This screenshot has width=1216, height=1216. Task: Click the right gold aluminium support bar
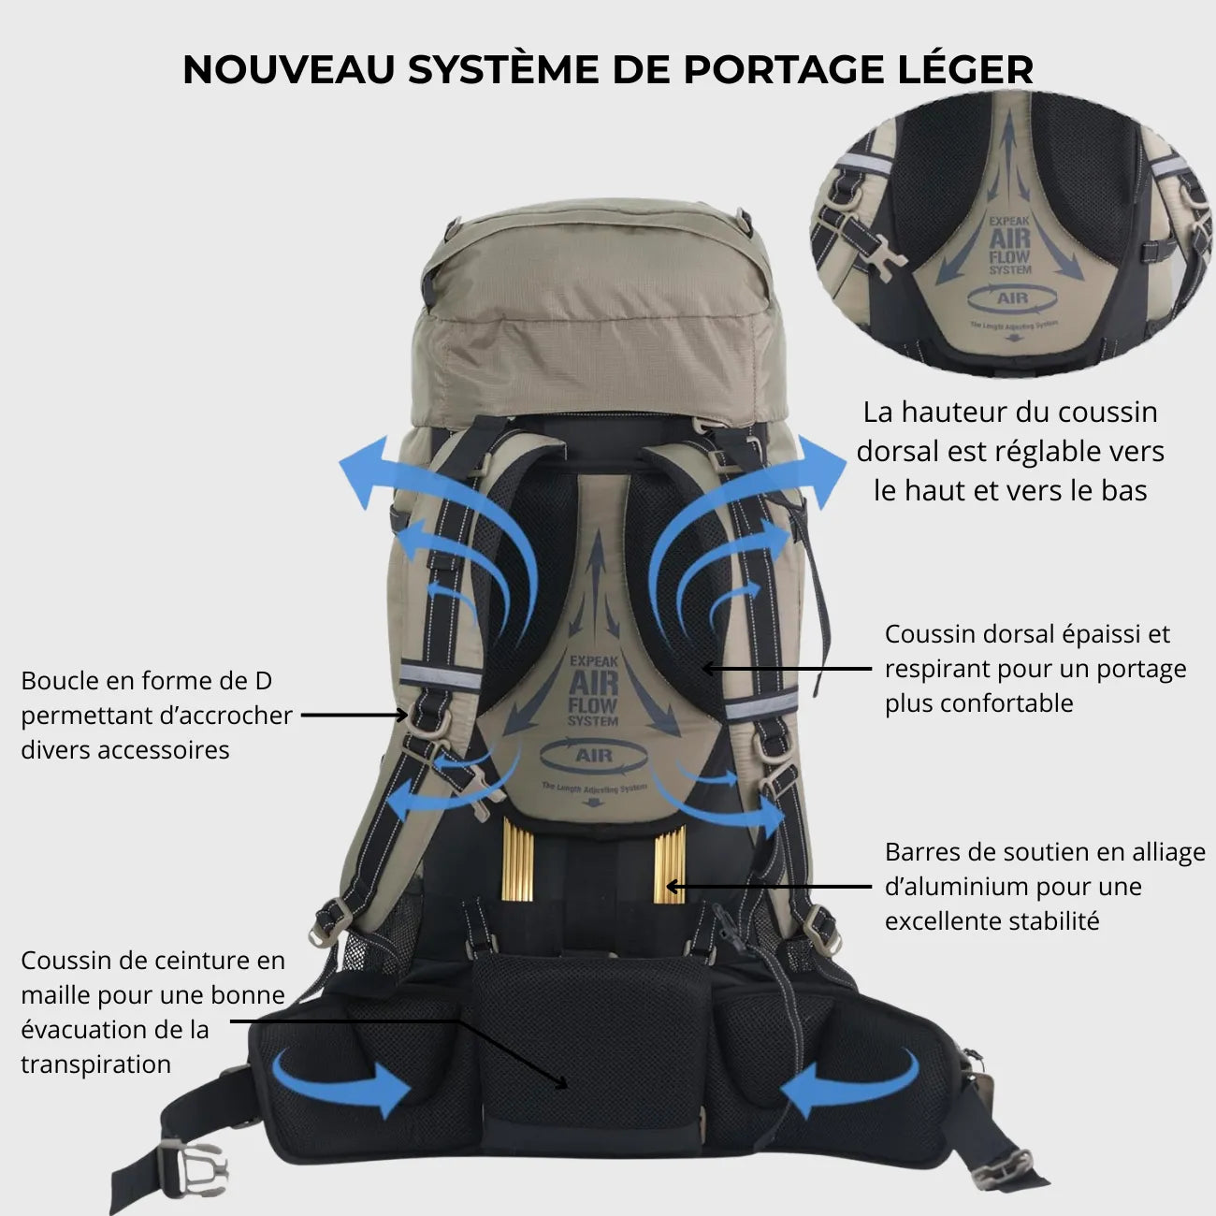pyautogui.click(x=670, y=863)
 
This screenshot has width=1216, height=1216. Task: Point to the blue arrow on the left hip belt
pyautogui.click(x=342, y=1085)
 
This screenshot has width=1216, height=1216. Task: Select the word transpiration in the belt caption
pyautogui.click(x=95, y=1064)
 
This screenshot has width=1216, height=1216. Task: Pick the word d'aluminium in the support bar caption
pyautogui.click(x=956, y=886)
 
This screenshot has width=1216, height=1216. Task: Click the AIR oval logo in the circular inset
pyautogui.click(x=1012, y=298)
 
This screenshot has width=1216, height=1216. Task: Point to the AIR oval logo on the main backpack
pyautogui.click(x=594, y=755)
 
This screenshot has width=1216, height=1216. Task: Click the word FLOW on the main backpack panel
pyautogui.click(x=593, y=703)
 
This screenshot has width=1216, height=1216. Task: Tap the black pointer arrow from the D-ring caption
pyautogui.click(x=354, y=716)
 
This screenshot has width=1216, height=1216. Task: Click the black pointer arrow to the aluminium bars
pyautogui.click(x=767, y=886)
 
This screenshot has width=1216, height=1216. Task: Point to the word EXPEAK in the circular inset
pyautogui.click(x=1010, y=223)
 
